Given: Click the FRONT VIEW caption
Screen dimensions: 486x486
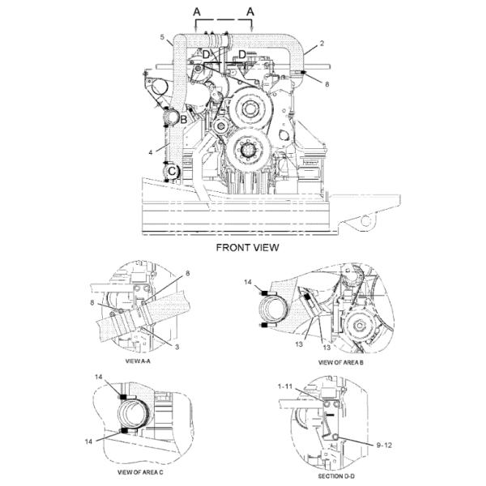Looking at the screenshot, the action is coord(247,248).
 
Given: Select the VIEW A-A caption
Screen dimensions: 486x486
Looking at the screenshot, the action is coord(138,361).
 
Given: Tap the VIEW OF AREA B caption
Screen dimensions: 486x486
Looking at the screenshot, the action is coord(341,362).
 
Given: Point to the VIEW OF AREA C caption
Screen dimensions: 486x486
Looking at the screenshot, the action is coord(140,472).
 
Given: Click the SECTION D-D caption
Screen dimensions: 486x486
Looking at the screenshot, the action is coord(336,476).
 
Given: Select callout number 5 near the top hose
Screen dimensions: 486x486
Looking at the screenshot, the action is coord(162,37).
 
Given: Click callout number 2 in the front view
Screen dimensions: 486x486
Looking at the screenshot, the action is coord(322,44).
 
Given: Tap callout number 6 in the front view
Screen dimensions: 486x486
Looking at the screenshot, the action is coord(326,84).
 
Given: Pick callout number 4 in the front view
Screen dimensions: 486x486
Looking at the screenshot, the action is coord(151,152).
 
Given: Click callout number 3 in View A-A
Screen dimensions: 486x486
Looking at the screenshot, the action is coord(177,347).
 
